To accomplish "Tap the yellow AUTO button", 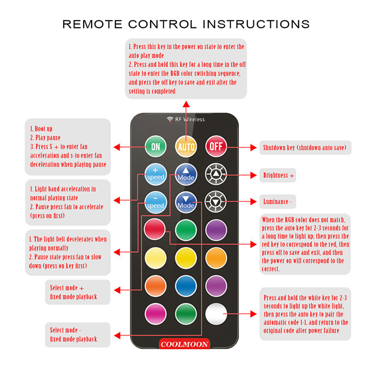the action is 186,146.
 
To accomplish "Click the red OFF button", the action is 216,146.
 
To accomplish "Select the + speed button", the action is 156,174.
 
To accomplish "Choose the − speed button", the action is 156,202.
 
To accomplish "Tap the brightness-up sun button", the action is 216,174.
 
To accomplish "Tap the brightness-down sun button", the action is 216,202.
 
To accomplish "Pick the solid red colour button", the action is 155,229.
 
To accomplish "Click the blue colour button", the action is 186,286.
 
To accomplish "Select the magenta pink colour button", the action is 156,314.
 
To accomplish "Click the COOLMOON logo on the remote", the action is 184,344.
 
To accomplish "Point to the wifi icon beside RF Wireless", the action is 170,119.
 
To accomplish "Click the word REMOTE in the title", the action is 92,24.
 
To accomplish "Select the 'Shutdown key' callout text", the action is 305,147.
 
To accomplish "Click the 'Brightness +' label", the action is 279,175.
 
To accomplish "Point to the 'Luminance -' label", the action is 277,202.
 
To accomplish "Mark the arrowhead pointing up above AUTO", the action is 186,104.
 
